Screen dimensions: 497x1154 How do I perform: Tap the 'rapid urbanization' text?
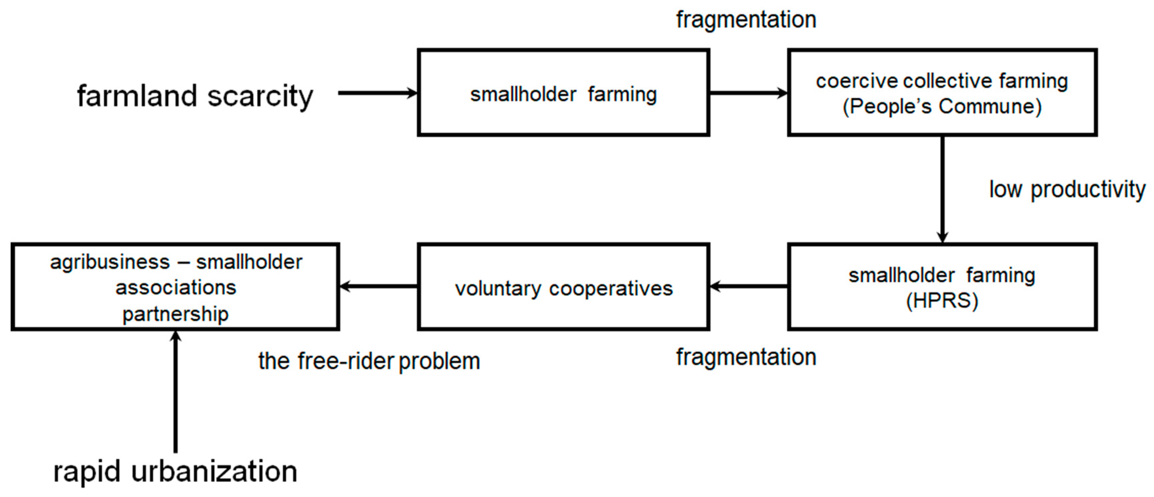point(175,472)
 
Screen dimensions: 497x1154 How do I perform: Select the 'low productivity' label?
point(1067,189)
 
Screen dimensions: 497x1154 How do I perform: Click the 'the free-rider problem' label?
point(369,361)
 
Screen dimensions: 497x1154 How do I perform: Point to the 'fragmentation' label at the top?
point(746,20)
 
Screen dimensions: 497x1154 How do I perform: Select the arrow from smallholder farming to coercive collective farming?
point(748,93)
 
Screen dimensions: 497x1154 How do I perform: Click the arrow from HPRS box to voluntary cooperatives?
point(748,286)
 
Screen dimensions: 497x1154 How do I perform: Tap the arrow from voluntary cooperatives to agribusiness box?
point(379,286)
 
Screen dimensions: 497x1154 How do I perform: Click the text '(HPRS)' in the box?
point(942,301)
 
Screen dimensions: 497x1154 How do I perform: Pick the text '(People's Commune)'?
point(942,106)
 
